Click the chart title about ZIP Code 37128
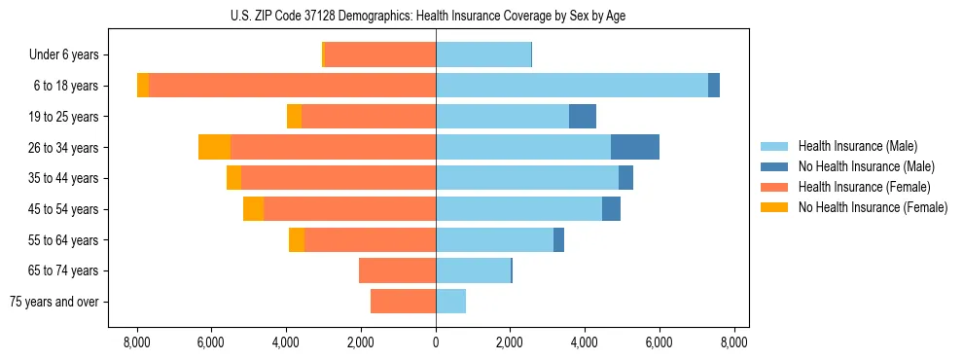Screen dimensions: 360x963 [436, 15]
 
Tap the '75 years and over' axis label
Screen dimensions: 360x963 [53, 302]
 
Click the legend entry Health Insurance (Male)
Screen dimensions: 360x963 [856, 146]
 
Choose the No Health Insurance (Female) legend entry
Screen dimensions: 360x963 [873, 207]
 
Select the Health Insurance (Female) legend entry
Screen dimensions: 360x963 [864, 187]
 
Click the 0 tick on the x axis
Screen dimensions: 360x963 [436, 342]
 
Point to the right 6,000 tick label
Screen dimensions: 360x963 [660, 342]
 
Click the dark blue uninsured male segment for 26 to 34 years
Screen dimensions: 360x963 [635, 147]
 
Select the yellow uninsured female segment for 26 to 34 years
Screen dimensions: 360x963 [214, 147]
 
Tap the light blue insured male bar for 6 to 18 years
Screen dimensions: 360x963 [572, 86]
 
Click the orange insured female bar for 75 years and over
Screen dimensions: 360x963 [403, 302]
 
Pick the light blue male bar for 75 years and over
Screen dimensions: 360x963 [450, 302]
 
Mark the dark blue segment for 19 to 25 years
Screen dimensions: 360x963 [583, 117]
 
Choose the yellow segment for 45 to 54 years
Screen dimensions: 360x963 [253, 209]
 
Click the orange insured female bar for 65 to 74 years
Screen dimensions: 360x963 [397, 270]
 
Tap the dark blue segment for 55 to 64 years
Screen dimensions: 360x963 [558, 239]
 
